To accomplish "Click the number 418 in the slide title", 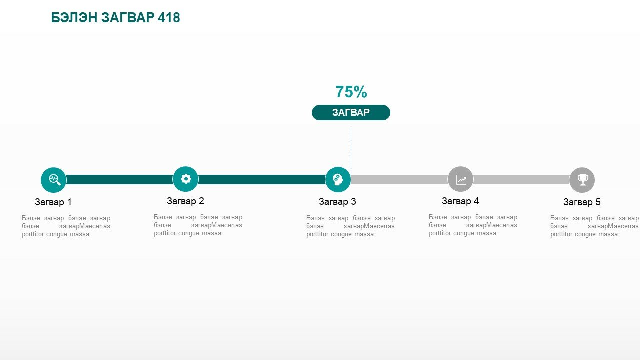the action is pos(169,17).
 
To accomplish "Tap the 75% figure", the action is pos(351,92).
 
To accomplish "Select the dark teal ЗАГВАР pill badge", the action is pos(351,112).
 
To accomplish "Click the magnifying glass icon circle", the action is pos(53,180).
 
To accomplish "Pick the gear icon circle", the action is pos(185,179).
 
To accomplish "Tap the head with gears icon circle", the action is pos(338,179).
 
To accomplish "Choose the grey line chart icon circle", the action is pos(460,179).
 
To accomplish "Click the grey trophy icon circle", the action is pos(582,180).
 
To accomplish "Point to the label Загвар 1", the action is pos(53,202).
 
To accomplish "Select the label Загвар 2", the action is pos(185,201).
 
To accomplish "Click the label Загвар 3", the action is pos(337,201).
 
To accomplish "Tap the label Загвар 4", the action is pos(460,201).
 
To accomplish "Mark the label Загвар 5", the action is pos(582,202).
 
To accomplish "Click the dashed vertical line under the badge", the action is pos(351,150).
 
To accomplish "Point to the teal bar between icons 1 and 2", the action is pos(119,179).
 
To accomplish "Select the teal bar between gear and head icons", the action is pos(262,179).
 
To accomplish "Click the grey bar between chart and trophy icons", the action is pos(521,180).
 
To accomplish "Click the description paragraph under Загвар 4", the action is pos(473,225).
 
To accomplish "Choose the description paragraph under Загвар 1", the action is pos(66,226).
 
